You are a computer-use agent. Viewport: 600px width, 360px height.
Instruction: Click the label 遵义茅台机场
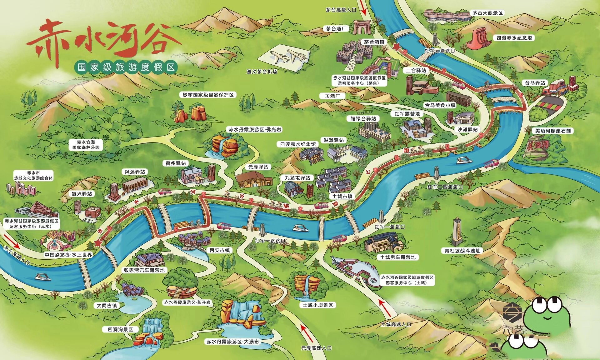coord(262,72)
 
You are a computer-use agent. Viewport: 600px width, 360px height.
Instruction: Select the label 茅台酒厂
coord(336,29)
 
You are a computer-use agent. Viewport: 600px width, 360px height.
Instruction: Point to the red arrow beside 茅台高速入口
coord(363,8)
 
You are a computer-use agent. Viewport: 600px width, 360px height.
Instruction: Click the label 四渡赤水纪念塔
coord(514,38)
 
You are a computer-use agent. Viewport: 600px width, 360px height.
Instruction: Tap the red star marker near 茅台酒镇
coord(396,47)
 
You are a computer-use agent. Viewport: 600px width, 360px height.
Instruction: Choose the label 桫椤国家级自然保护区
coord(208,95)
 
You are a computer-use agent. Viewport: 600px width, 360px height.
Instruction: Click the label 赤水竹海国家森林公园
coord(86,145)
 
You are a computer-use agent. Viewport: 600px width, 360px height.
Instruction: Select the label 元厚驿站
coord(258,167)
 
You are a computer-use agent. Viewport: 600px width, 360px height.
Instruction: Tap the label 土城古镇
coord(342,196)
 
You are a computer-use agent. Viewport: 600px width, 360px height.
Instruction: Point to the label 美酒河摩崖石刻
coord(553,131)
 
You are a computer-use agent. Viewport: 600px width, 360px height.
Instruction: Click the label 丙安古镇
coord(219,250)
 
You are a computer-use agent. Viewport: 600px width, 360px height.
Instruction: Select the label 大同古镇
coord(107,305)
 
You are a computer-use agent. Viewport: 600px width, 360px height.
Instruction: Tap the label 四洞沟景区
coord(120,329)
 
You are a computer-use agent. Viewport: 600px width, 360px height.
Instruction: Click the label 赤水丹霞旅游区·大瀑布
coord(232,342)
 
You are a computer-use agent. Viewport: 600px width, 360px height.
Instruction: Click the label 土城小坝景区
coord(318,305)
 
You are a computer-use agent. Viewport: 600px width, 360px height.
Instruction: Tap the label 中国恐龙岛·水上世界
coord(68,255)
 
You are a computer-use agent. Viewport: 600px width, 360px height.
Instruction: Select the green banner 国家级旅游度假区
coord(126,67)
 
